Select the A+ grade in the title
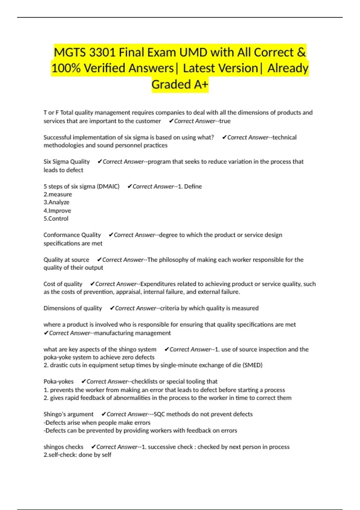click(201, 85)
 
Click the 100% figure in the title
click(66, 68)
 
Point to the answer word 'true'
click(225, 121)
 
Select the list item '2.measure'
click(58, 194)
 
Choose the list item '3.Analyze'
click(56, 202)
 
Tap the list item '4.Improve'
click(57, 211)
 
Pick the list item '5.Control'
click(56, 219)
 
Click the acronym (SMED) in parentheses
click(252, 365)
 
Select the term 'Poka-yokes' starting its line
click(58, 382)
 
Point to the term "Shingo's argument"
click(68, 414)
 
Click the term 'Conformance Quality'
click(72, 235)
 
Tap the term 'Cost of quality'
click(63, 284)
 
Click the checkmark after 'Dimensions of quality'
click(112, 308)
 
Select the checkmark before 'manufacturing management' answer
click(46, 333)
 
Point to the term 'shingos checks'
click(63, 447)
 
